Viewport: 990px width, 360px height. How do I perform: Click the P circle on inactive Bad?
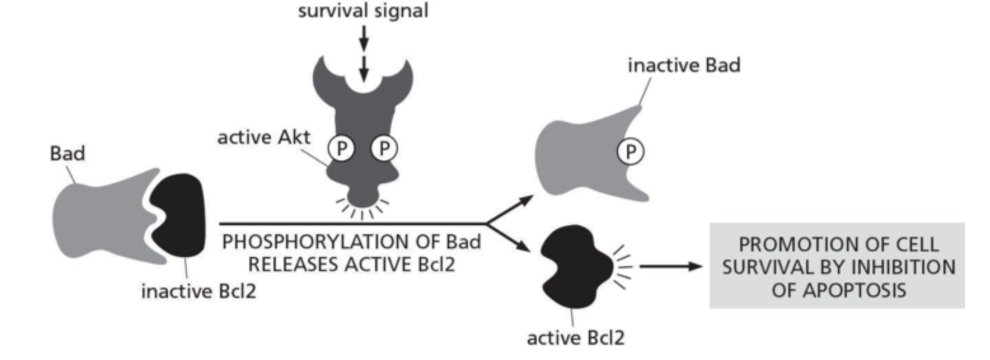[x=629, y=152]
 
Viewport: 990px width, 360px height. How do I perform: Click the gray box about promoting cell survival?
[x=836, y=265]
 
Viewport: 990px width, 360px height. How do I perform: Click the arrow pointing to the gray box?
[x=670, y=266]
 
